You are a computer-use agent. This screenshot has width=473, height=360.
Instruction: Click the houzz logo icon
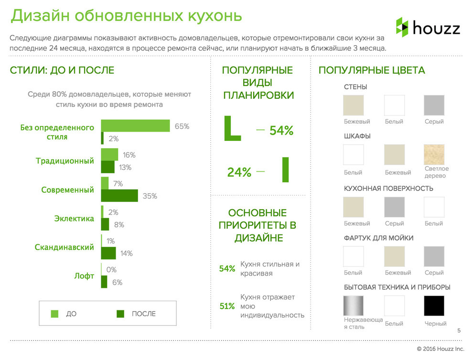click(x=402, y=27)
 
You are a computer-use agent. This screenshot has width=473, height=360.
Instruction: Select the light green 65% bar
click(x=135, y=126)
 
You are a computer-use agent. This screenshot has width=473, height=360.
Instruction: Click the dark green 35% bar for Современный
click(x=119, y=196)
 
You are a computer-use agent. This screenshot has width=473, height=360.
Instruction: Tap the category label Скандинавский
click(x=64, y=247)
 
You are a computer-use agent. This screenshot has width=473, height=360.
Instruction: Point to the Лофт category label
click(x=85, y=276)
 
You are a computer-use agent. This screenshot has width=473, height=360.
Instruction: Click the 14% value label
click(x=126, y=254)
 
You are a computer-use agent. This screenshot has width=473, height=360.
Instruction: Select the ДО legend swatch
click(x=54, y=314)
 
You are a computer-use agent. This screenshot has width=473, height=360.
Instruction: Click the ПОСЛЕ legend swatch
click(x=120, y=314)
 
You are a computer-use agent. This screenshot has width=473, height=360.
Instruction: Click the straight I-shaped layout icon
click(x=285, y=169)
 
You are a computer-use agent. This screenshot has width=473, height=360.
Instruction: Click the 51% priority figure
click(x=227, y=306)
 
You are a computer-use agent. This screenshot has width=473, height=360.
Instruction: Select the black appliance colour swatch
click(x=434, y=306)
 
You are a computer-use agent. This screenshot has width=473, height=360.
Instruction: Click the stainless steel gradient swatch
click(x=353, y=306)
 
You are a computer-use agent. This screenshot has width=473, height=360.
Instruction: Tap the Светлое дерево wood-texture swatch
click(x=434, y=155)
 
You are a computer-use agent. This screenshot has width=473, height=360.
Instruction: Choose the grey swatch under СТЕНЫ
click(x=434, y=105)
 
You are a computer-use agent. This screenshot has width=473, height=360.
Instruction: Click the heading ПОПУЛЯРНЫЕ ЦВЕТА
click(x=372, y=71)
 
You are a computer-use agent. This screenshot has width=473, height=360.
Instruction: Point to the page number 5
click(x=459, y=331)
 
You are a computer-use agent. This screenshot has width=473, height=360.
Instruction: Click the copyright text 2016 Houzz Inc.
click(x=440, y=349)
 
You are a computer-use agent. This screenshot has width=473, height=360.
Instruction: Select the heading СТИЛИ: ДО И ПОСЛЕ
click(x=62, y=71)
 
